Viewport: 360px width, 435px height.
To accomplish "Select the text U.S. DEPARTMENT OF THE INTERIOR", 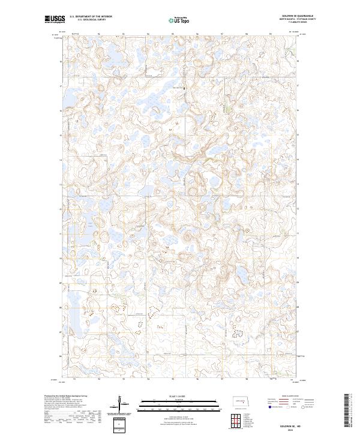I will click(x=90, y=17).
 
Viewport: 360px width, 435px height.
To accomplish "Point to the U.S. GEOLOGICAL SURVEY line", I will click(x=90, y=20).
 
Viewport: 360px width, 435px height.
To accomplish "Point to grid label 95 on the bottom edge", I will click(x=173, y=380).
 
